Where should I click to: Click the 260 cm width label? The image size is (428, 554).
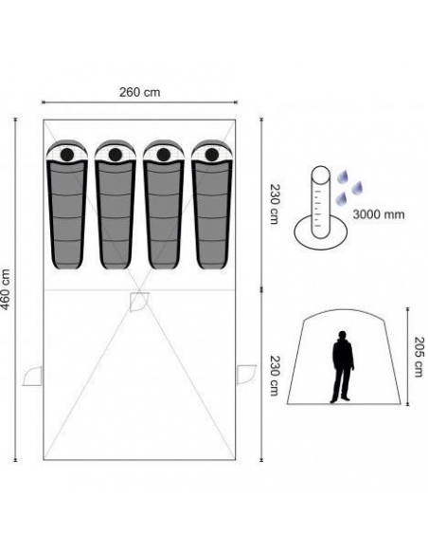coord(139,92)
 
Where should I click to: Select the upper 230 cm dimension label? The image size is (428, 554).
coord(275,203)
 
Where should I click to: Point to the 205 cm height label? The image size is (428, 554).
coord(420,356)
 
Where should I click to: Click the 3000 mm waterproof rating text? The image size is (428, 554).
coord(378,214)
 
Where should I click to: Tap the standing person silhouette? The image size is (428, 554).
coord(342,367)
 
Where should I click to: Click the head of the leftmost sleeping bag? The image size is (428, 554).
coord(67,154)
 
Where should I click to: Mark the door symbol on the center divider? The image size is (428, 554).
coord(139,301)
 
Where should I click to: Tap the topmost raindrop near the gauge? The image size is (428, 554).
coord(342,175)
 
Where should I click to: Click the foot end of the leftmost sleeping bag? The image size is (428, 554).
coord(67,266)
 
